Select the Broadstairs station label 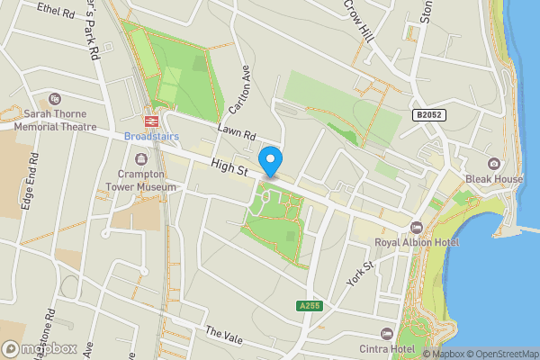[151, 136]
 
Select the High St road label [229, 166]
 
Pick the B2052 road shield [429, 115]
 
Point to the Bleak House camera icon [493, 163]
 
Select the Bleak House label [493, 179]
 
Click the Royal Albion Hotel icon [416, 227]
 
